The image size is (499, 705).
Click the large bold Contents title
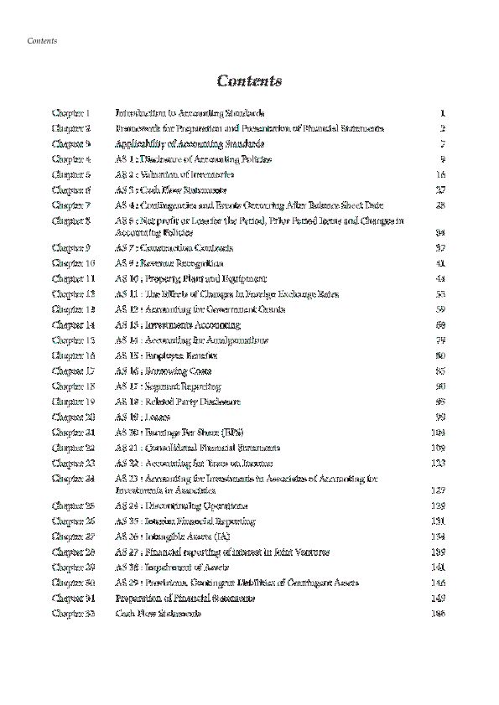pos(249,81)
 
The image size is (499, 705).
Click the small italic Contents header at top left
pos(42,40)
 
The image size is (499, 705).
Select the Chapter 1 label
pos(70,112)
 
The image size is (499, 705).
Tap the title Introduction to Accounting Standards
pos(190,112)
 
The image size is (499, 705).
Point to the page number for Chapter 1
pos(441,112)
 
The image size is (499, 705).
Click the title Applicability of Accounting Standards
pos(183,143)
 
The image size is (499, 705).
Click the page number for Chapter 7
pos(440,205)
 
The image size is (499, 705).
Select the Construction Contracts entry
pos(174,248)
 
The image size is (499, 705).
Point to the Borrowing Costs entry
pos(163,370)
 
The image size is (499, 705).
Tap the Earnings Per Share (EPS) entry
pos(177,433)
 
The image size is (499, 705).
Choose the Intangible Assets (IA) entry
pos(170,537)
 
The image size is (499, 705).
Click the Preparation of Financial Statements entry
pos(185,599)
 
